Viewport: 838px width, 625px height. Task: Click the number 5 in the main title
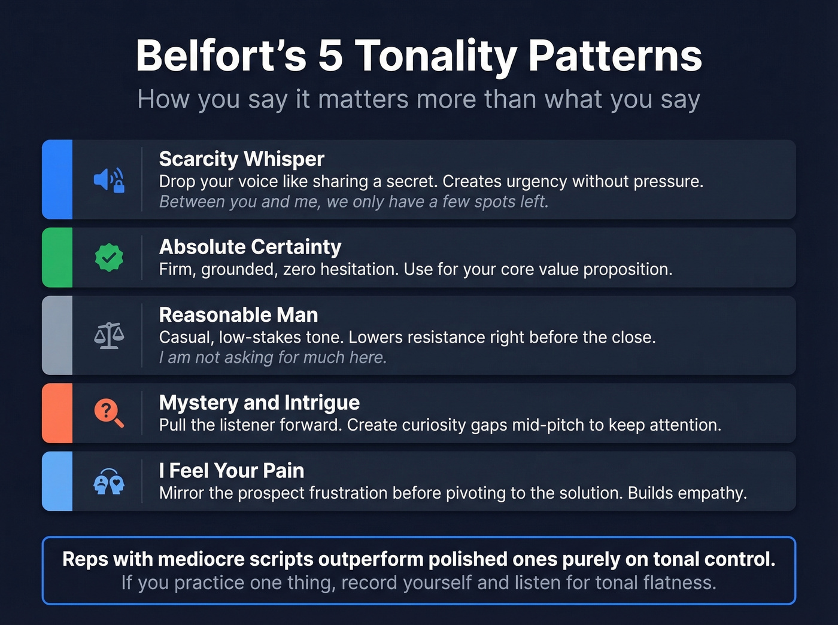330,56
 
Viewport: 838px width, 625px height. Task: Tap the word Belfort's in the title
221,56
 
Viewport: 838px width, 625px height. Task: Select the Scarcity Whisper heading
241,159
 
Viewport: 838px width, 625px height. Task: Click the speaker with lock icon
109,179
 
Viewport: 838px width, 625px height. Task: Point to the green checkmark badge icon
109,258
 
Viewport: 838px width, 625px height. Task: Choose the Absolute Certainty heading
250,247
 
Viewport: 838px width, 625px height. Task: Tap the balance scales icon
109,336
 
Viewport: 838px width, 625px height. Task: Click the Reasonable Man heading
238,315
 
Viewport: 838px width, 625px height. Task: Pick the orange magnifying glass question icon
109,413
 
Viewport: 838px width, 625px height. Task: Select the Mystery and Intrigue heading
259,403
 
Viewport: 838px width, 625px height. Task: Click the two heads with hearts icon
109,481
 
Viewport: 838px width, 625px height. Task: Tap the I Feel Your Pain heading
232,471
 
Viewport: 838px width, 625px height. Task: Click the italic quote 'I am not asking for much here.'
273,358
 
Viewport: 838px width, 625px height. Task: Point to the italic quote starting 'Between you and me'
354,202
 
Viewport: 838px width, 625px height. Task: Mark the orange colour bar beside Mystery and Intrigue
57,413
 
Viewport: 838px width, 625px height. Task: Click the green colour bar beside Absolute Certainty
57,258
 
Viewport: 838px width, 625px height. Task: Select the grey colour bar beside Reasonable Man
57,336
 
